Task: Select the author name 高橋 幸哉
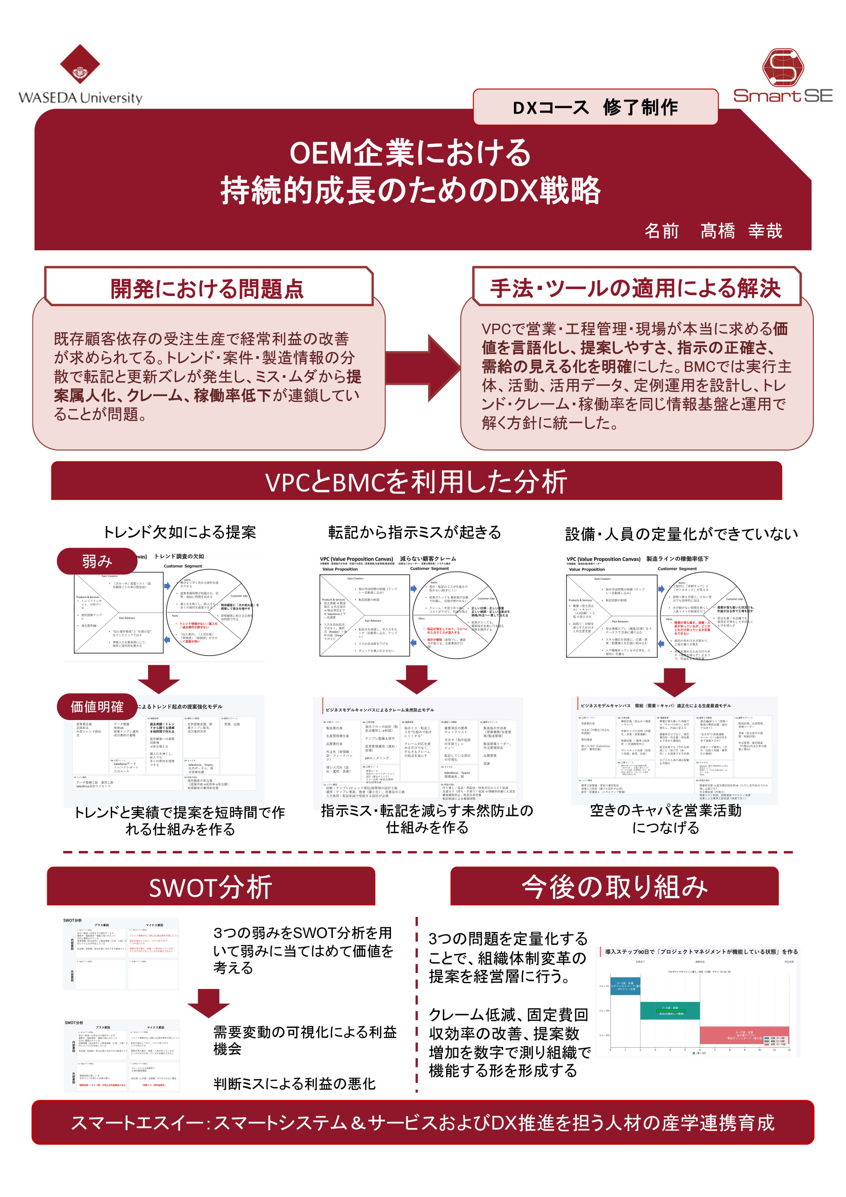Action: pos(741,231)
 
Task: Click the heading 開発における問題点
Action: pos(207,288)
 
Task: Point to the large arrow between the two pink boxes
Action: pos(424,368)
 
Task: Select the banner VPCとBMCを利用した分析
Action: pos(416,481)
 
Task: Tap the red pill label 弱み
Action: pos(97,561)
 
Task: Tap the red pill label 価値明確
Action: pos(97,707)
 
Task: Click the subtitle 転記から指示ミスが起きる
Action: pos(415,532)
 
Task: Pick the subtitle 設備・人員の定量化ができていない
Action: pos(682,534)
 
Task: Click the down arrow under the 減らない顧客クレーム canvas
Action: pos(416,679)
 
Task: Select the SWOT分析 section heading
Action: pos(211,887)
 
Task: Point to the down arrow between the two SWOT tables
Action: pos(209,1002)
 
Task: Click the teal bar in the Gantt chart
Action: pos(670,1010)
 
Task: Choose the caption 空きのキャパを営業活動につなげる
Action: pos(665,819)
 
